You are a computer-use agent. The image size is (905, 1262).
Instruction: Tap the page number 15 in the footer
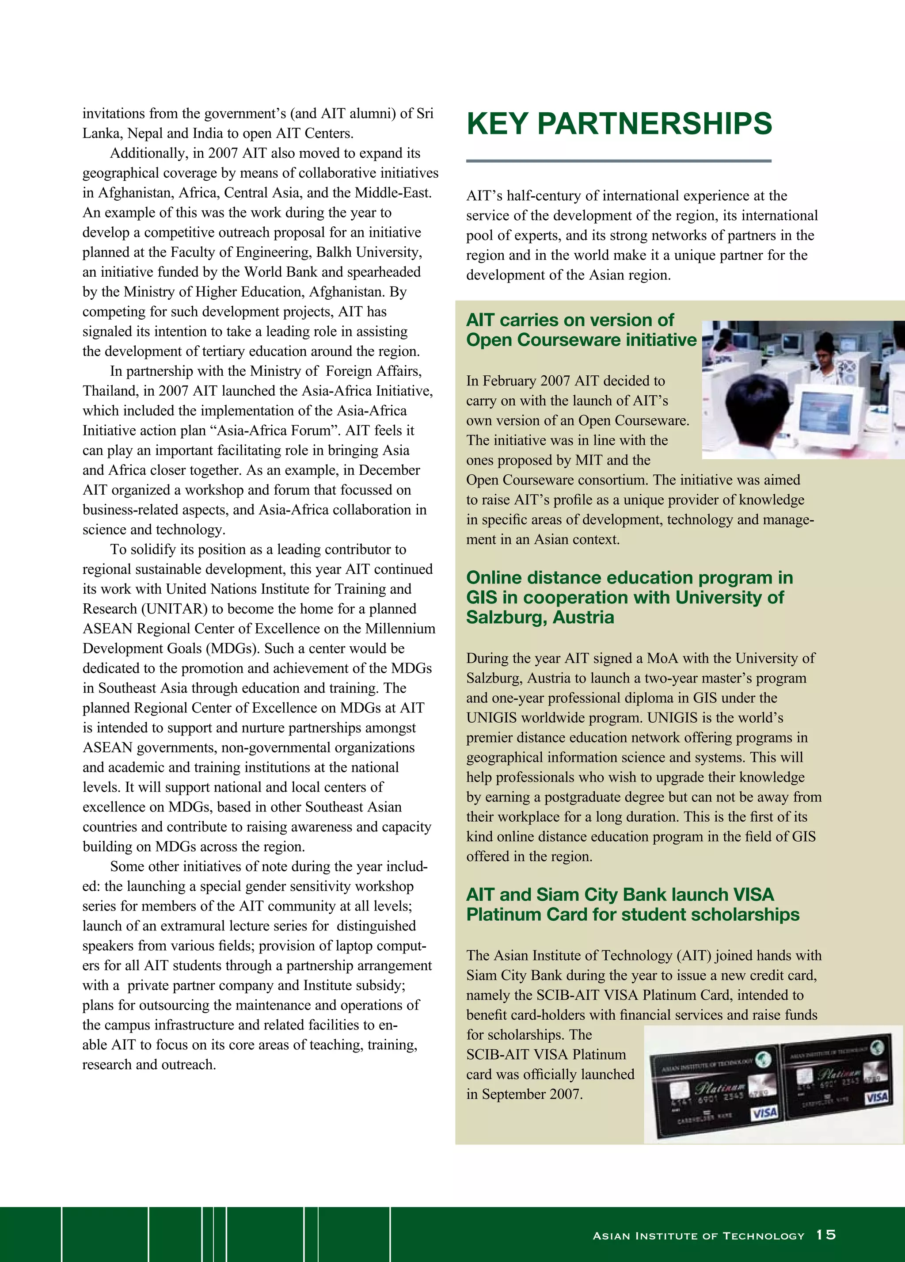[x=826, y=1235]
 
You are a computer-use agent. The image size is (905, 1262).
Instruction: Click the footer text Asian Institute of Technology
[x=698, y=1236]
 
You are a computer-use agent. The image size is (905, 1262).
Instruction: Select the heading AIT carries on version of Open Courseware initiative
[x=581, y=330]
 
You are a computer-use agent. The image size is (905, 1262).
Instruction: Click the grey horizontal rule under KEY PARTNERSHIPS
[x=619, y=161]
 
